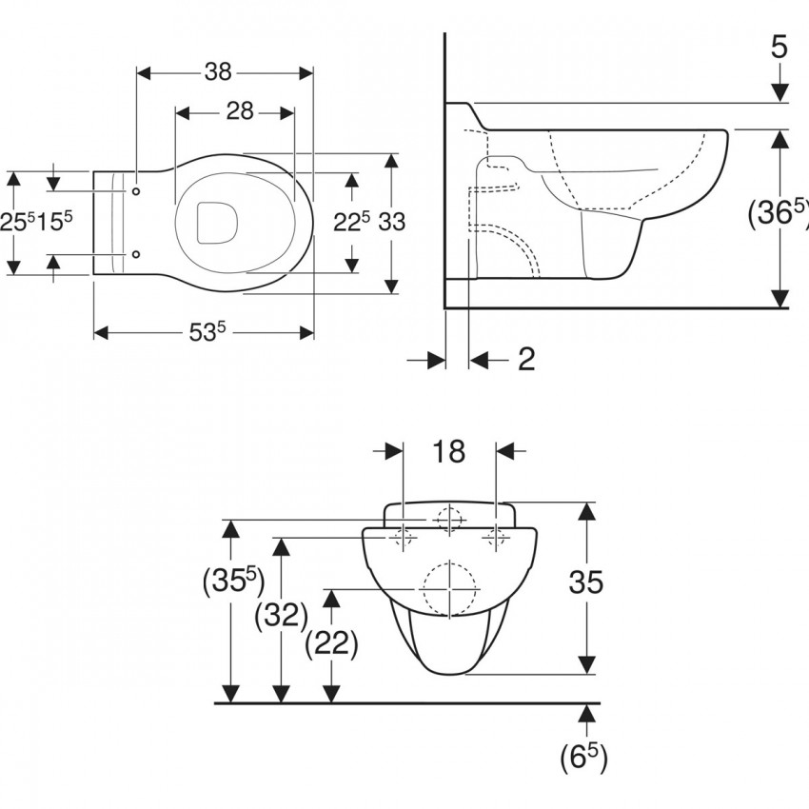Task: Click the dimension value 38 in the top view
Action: pyautogui.click(x=218, y=72)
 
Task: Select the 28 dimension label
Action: pyautogui.click(x=240, y=111)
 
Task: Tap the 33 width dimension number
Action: pyautogui.click(x=392, y=223)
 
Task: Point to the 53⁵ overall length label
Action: pyautogui.click(x=207, y=332)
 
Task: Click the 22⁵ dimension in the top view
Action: pyautogui.click(x=352, y=223)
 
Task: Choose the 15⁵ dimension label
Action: pyautogui.click(x=54, y=221)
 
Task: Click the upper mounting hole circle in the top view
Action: pyautogui.click(x=136, y=191)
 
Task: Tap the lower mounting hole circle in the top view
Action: pyautogui.click(x=136, y=254)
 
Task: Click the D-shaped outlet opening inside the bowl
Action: pyautogui.click(x=217, y=223)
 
